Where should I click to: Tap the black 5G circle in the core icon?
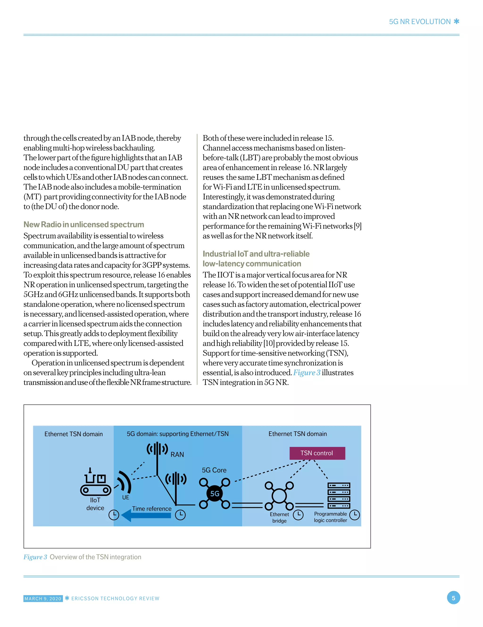click(215, 493)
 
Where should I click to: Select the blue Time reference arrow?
click(146, 515)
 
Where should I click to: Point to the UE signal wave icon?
click(124, 482)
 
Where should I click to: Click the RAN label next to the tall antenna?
click(177, 454)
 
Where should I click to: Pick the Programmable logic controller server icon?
click(339, 495)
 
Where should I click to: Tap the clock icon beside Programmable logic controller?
click(355, 514)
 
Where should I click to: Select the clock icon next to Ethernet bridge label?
click(298, 514)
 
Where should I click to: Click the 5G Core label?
click(214, 470)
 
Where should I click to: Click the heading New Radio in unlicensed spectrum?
click(83, 224)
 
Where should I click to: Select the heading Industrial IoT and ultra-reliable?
click(256, 254)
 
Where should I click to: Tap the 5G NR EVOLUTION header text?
click(420, 22)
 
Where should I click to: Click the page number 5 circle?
click(454, 598)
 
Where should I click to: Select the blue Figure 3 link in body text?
click(307, 373)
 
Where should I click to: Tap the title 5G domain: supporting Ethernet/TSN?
click(178, 434)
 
